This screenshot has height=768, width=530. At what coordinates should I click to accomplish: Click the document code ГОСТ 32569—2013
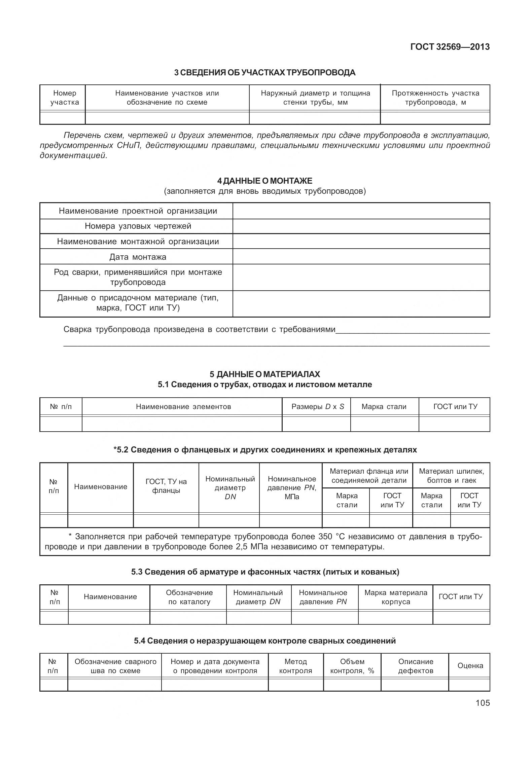450,47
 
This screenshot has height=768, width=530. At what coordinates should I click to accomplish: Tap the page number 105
483,703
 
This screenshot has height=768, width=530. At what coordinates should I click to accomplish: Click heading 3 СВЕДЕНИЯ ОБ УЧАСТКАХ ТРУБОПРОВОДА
264,72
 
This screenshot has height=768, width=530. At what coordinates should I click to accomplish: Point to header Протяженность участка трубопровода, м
435,98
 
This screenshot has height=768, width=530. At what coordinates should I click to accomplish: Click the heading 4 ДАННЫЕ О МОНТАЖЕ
264,181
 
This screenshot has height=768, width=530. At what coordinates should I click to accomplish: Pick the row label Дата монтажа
138,257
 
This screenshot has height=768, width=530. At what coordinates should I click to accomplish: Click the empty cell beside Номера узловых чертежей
361,226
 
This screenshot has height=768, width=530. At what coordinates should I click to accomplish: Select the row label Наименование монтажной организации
138,242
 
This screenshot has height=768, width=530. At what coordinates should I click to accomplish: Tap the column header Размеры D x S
317,407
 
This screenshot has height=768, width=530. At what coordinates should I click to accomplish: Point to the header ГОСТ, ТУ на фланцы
166,486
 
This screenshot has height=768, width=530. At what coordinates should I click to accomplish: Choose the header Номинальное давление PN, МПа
291,488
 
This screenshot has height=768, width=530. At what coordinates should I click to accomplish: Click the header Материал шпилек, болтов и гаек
451,476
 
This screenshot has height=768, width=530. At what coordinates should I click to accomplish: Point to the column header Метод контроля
295,666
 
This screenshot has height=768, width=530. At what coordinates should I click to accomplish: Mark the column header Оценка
470,666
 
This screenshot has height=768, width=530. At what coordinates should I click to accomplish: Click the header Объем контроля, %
352,666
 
